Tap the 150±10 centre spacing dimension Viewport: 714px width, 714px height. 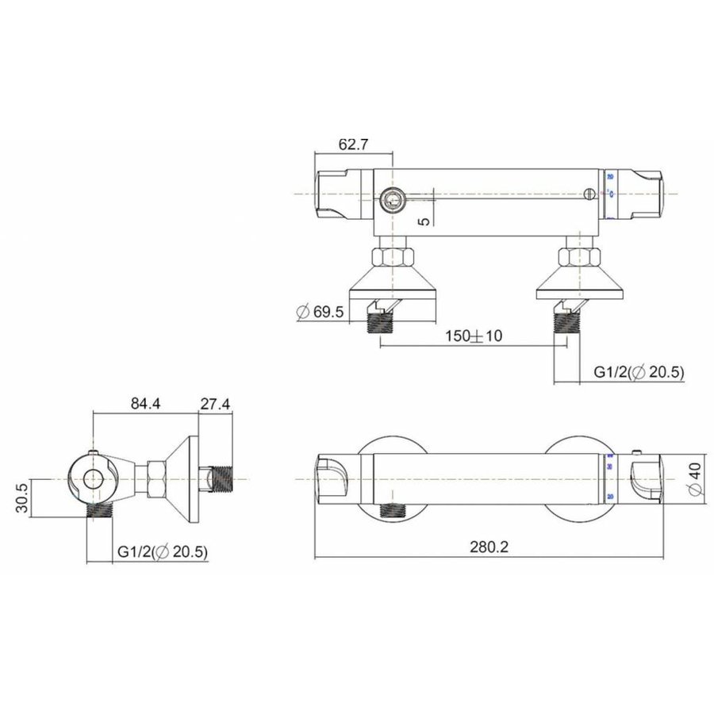(x=474, y=336)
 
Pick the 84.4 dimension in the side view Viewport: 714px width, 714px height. (x=145, y=404)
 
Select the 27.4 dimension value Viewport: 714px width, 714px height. (x=215, y=404)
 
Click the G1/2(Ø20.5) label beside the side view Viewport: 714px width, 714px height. (x=163, y=551)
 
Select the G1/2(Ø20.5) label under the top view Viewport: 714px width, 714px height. (x=639, y=372)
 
